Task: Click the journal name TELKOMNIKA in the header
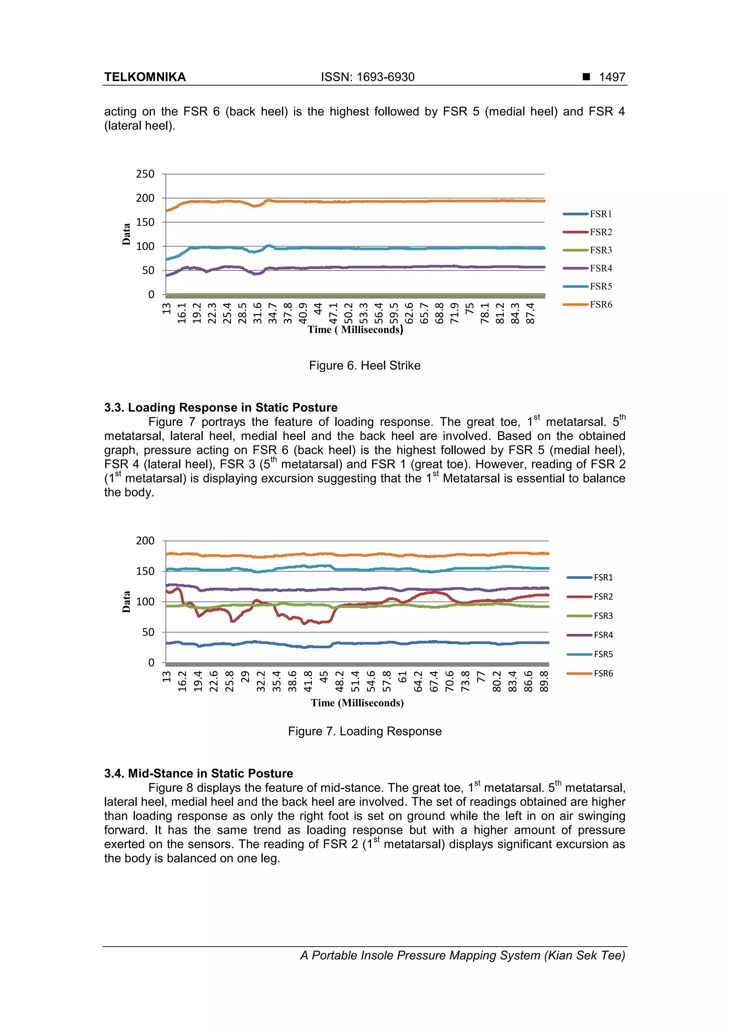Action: (x=145, y=77)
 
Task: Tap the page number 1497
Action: (x=612, y=77)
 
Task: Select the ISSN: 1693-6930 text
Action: (x=367, y=77)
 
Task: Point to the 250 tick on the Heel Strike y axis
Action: (x=145, y=174)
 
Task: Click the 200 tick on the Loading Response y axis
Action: (x=145, y=541)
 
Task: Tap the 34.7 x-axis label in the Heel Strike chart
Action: (x=273, y=313)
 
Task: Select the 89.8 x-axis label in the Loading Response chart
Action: (x=544, y=681)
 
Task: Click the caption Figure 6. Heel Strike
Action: (x=364, y=365)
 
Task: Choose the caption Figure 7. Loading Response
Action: (x=364, y=731)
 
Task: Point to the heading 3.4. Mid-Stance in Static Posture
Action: (x=198, y=773)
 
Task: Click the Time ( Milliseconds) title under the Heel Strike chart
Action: (x=355, y=330)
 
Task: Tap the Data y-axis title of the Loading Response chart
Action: (x=127, y=601)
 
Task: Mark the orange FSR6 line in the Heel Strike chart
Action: (x=360, y=201)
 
